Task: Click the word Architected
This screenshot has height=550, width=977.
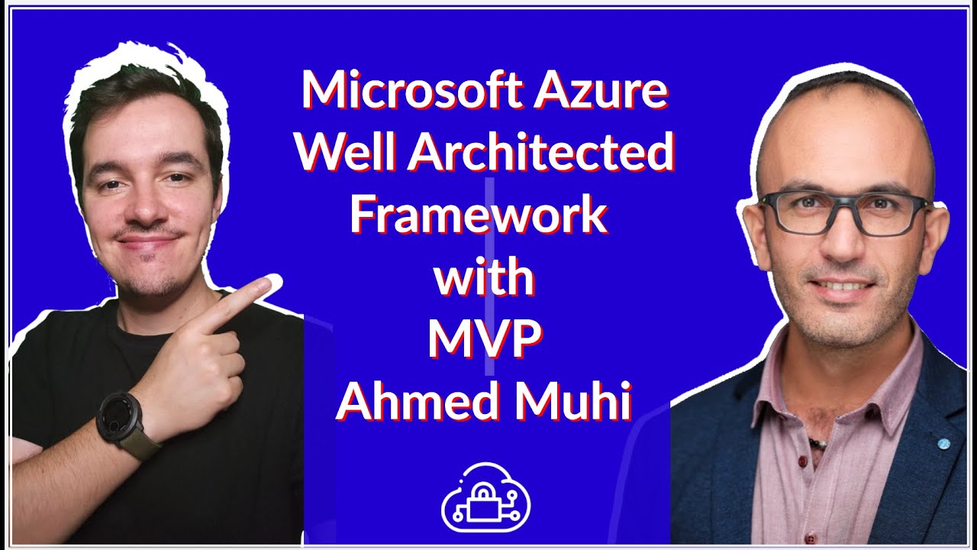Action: (541, 153)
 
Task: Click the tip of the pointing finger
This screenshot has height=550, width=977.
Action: (271, 285)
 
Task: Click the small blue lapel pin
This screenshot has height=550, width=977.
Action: (943, 442)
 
